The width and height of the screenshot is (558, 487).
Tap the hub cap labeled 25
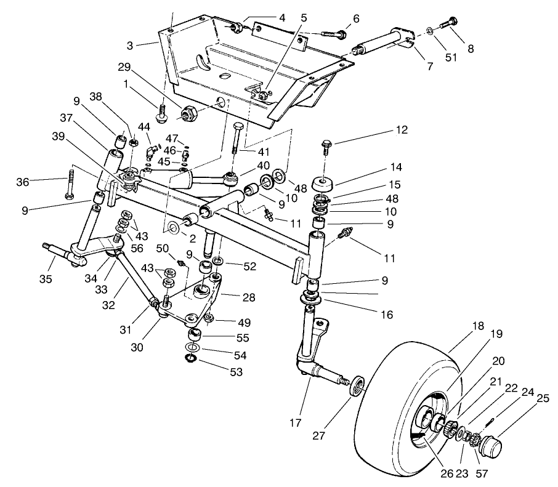click(490, 446)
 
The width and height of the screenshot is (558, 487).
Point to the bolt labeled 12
click(326, 147)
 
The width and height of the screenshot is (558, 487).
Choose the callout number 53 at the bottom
click(219, 372)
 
